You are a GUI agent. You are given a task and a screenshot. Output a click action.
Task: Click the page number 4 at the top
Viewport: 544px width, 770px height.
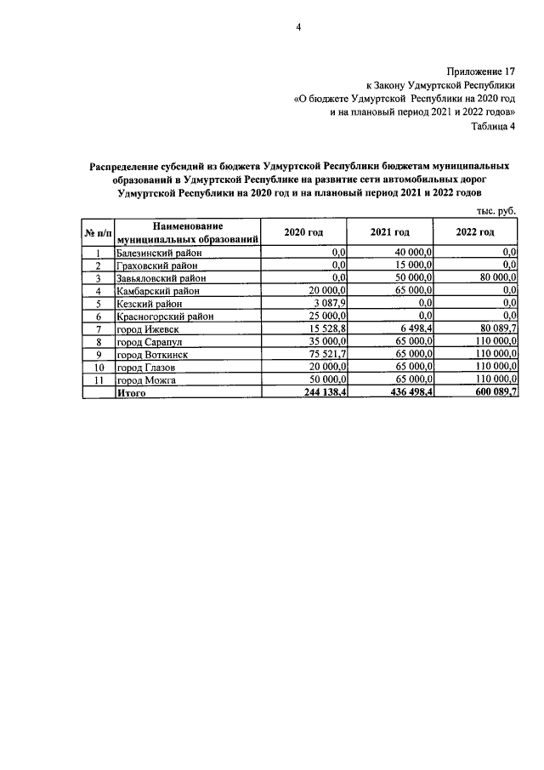pyautogui.click(x=298, y=27)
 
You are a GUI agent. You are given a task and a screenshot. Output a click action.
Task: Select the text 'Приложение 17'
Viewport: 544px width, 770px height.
pyautogui.click(x=480, y=71)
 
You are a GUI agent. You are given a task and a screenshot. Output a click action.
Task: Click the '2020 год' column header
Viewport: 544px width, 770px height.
pyautogui.click(x=304, y=232)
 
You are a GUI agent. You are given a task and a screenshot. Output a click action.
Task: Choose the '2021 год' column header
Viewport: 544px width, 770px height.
pyautogui.click(x=390, y=232)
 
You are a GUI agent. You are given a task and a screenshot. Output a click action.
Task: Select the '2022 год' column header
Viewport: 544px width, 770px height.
pyautogui.click(x=475, y=232)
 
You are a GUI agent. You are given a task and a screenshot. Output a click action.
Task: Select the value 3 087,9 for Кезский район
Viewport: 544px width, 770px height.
pyautogui.click(x=326, y=304)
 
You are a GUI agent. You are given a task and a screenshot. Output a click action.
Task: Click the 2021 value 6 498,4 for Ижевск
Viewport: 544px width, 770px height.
pyautogui.click(x=414, y=329)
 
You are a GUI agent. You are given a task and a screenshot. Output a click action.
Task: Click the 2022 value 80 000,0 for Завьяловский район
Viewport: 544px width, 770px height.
pyautogui.click(x=494, y=278)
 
